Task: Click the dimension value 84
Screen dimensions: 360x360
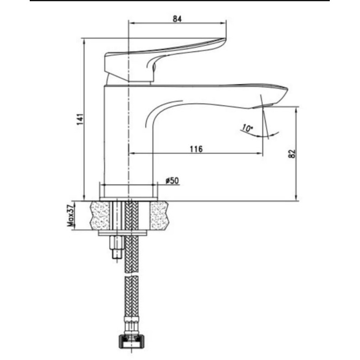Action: [177, 18]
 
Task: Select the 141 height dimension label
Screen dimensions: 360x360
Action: [80, 119]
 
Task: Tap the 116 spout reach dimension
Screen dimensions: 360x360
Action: [196, 149]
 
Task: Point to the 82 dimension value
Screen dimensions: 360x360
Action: [291, 154]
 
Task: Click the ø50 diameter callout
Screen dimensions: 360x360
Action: [172, 180]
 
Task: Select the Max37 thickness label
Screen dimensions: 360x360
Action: [71, 215]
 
